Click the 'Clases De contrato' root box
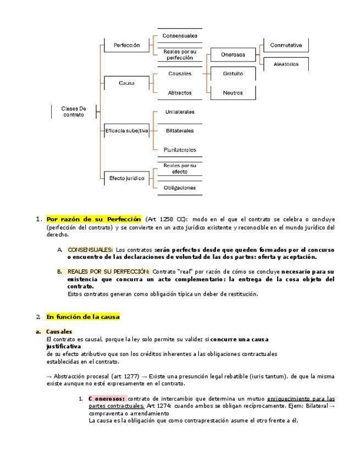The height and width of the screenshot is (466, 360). (x=73, y=112)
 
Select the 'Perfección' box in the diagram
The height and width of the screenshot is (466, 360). (x=126, y=45)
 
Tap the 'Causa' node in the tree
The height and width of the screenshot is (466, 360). (x=126, y=84)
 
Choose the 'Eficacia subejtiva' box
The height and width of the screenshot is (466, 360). (x=126, y=131)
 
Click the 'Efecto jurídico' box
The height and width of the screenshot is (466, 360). (x=126, y=178)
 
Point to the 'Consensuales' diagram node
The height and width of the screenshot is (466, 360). (x=180, y=36)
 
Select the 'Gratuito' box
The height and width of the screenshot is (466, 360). (x=232, y=74)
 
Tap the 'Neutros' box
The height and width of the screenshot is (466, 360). (x=232, y=93)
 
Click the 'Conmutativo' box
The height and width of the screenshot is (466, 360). (x=286, y=45)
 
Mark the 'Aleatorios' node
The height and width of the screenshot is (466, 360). (x=286, y=64)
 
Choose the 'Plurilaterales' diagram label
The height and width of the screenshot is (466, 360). (x=180, y=149)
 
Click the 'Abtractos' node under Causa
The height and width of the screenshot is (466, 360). (x=180, y=93)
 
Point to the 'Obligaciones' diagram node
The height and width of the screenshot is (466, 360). (x=180, y=187)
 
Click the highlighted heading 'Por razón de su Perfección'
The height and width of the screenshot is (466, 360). (x=93, y=219)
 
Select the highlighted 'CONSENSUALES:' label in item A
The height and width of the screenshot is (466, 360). (x=90, y=249)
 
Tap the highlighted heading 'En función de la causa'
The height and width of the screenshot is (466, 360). (x=82, y=317)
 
